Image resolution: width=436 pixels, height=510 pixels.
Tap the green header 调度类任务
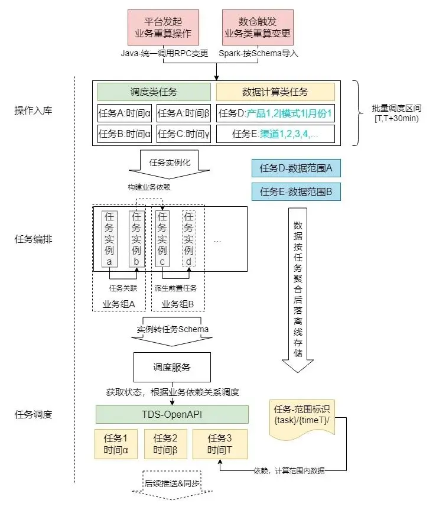tap(154, 92)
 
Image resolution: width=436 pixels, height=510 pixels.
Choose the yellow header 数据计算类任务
tap(275, 92)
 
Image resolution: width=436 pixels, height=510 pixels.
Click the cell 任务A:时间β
tap(183, 113)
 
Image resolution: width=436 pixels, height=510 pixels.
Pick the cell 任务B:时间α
tap(124, 134)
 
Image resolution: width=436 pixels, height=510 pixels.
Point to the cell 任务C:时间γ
tap(183, 134)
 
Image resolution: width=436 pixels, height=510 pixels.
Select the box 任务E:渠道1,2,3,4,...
tap(275, 134)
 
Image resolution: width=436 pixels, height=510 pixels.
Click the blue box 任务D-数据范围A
tap(296, 168)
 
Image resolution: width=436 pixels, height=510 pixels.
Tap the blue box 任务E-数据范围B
tap(296, 192)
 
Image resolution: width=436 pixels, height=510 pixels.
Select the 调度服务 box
tap(172, 367)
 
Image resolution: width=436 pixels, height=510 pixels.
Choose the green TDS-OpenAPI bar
tap(172, 414)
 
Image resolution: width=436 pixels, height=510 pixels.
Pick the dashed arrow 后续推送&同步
tap(173, 483)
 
